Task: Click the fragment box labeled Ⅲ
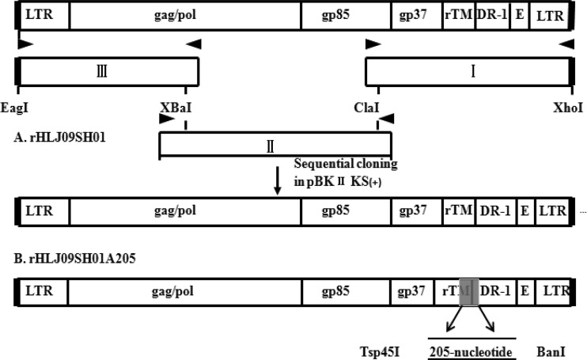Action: click(107, 72)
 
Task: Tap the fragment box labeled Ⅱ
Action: click(275, 144)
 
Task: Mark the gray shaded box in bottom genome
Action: click(468, 292)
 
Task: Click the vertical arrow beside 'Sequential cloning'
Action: click(277, 179)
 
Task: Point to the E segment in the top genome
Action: click(519, 16)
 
